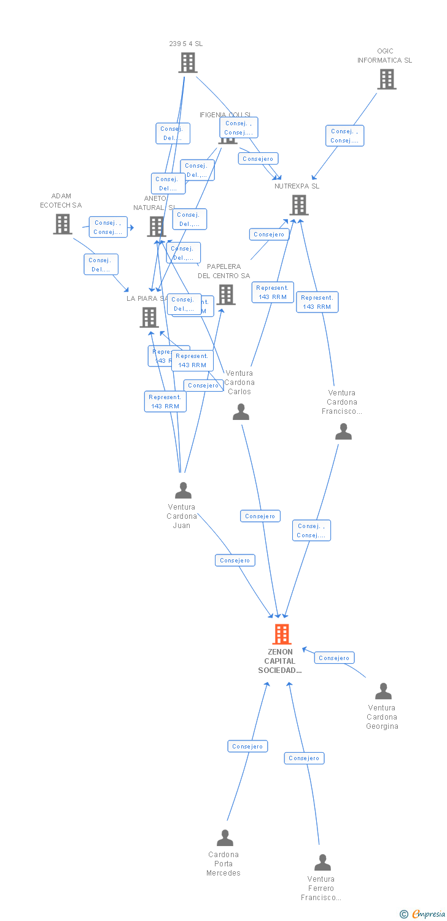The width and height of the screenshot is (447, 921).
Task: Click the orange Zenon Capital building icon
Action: tap(281, 634)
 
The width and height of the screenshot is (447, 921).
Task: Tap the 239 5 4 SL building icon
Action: tap(187, 63)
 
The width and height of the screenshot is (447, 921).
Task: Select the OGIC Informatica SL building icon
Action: tap(386, 79)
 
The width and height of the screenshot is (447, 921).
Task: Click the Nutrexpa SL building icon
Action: tap(298, 205)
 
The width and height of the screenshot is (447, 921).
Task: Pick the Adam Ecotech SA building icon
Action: tap(62, 224)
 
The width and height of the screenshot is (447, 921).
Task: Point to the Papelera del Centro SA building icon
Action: tap(225, 295)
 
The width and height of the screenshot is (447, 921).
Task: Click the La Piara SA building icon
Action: tap(149, 317)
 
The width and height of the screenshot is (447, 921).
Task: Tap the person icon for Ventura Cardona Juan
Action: tap(183, 490)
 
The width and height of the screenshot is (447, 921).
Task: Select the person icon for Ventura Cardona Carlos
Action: tap(241, 411)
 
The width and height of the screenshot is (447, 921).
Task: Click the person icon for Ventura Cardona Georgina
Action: tap(383, 691)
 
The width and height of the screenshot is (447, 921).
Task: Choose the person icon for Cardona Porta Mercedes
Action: tap(225, 838)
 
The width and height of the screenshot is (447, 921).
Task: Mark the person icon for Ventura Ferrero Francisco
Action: tap(322, 863)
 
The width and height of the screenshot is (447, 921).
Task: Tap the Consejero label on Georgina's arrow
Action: tap(334, 658)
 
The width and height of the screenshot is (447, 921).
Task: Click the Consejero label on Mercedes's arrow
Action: tap(247, 746)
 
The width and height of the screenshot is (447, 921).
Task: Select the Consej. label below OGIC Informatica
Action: tap(344, 136)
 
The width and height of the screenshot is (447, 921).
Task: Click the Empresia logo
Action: tap(423, 914)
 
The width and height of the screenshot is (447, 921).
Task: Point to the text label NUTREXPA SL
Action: tap(297, 186)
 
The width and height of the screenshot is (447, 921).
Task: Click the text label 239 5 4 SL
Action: tap(185, 44)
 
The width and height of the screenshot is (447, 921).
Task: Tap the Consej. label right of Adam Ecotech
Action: tap(108, 227)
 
